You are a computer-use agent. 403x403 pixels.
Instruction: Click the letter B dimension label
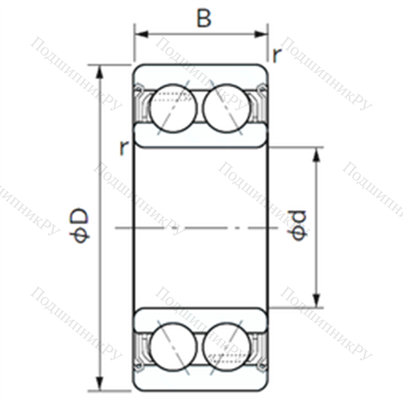(x=204, y=19)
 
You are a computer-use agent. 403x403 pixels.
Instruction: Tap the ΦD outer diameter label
(x=79, y=225)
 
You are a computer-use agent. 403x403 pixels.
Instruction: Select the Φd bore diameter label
(x=299, y=225)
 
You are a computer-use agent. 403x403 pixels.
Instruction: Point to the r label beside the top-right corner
(x=276, y=56)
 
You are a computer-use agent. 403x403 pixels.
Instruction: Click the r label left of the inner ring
(x=123, y=148)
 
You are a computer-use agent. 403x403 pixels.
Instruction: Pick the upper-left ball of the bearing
(x=173, y=108)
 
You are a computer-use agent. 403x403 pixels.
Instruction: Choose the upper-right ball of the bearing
(x=227, y=108)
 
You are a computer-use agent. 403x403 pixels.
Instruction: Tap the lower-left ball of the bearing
(x=173, y=347)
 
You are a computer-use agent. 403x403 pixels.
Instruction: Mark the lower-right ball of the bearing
(x=227, y=347)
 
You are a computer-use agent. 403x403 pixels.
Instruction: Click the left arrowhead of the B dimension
(x=141, y=35)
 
